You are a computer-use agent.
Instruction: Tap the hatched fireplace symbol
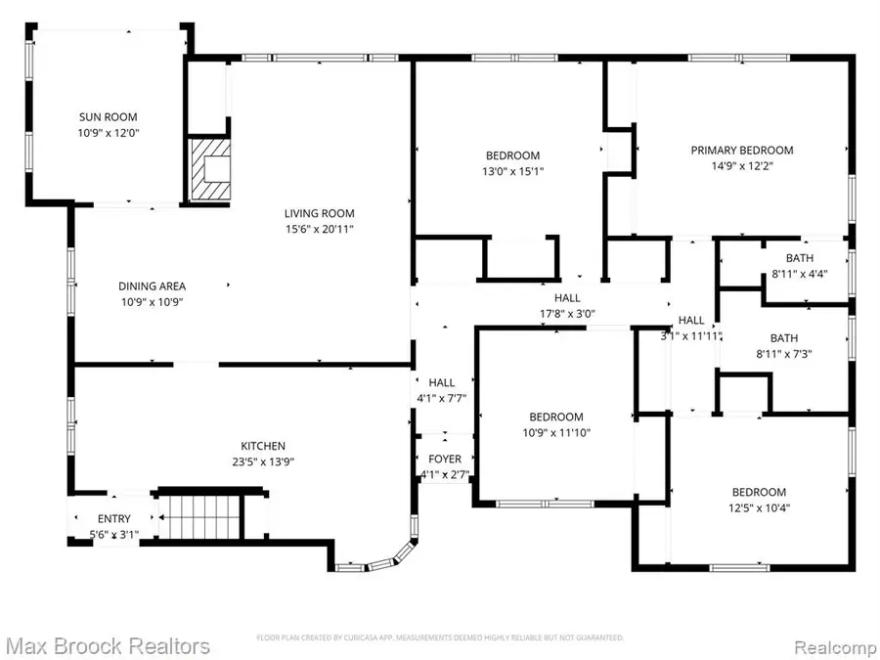click(x=209, y=169)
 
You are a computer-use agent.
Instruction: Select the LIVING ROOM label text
click(x=319, y=213)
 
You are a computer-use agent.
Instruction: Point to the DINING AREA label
click(x=152, y=286)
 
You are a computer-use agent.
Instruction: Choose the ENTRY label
click(x=113, y=519)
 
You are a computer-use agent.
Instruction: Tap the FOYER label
click(x=444, y=460)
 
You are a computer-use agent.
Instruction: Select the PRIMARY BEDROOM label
click(x=741, y=151)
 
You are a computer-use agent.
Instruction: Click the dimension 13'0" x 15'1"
click(x=513, y=171)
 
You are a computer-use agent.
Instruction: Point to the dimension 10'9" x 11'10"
click(x=556, y=432)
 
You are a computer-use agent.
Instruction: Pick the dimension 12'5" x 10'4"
click(x=759, y=507)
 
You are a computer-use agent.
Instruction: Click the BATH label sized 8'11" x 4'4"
click(x=799, y=258)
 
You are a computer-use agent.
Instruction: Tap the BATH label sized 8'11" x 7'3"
click(x=798, y=337)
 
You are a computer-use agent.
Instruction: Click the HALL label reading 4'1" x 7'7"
click(x=442, y=383)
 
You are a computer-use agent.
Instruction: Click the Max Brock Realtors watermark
click(x=108, y=646)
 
